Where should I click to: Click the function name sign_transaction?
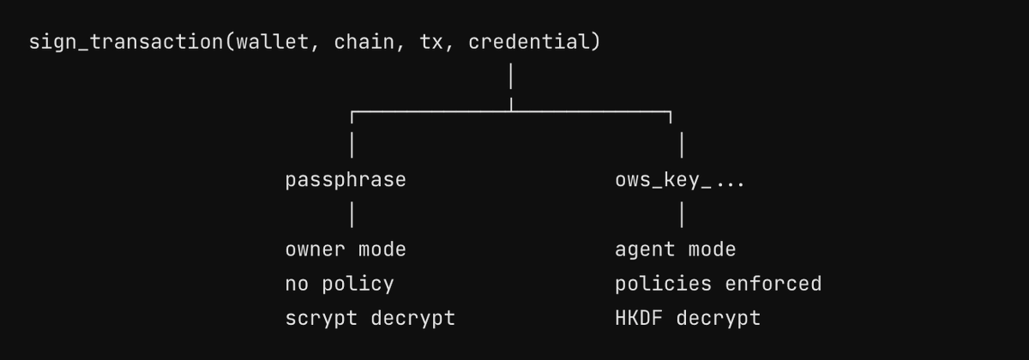126,42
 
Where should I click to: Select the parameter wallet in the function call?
273,42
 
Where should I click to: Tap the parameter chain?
364,42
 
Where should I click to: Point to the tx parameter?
430,43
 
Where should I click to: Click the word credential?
529,42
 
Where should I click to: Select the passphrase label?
346,180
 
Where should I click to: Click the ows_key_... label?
679,180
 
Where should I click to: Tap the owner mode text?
346,249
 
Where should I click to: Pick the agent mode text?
676,250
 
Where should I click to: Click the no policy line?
340,285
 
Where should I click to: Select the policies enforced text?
719,284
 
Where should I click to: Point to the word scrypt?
321,319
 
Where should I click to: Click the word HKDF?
639,318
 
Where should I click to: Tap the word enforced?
773,284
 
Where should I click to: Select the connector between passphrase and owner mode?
352,215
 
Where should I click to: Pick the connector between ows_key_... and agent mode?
682,215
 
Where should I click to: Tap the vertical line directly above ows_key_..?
682,145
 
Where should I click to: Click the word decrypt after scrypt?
413,319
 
